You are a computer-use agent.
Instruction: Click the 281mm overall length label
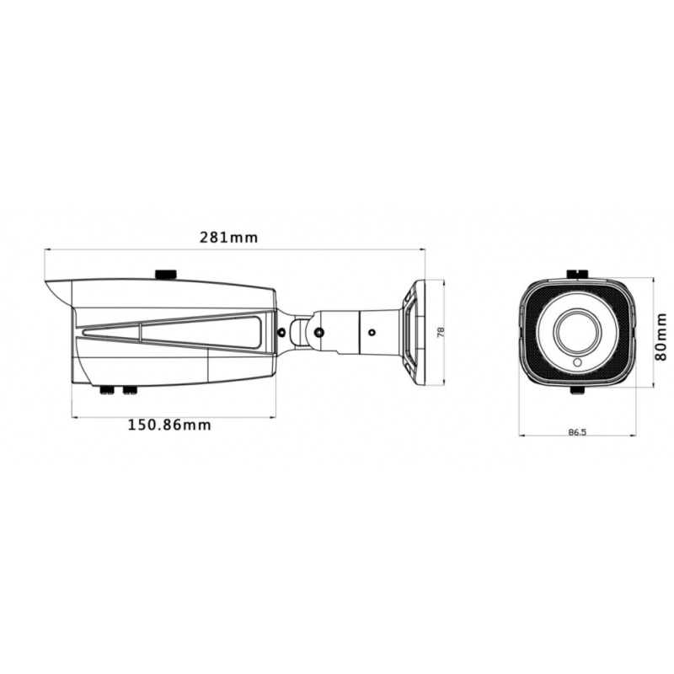click(x=228, y=238)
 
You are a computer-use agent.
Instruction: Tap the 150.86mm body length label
click(x=169, y=425)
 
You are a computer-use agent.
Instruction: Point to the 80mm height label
click(x=661, y=335)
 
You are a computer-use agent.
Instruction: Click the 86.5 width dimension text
click(x=577, y=432)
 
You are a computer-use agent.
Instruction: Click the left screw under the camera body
click(x=108, y=390)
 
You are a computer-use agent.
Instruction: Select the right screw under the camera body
click(x=129, y=390)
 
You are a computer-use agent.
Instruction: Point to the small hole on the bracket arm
click(x=370, y=332)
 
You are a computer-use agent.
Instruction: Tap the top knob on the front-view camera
click(x=577, y=273)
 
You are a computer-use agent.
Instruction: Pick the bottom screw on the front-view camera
click(x=577, y=391)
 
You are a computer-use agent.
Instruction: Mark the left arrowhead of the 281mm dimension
click(x=47, y=249)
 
